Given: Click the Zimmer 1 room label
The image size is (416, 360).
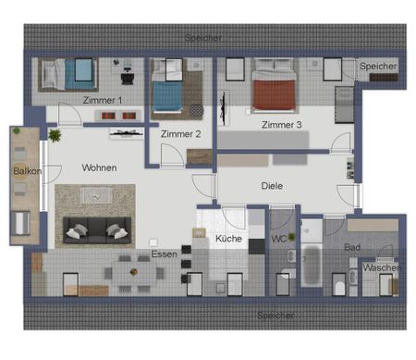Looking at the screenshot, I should pos(102,100).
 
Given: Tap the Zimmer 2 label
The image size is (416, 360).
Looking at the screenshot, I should pos(179,134).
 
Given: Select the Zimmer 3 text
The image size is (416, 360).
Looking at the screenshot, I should pos(281,125).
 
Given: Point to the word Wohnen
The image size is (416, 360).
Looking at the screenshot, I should pos(100,168).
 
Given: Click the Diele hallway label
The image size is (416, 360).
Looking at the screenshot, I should pos(272,186).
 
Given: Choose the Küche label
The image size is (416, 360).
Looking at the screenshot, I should pos(228,239).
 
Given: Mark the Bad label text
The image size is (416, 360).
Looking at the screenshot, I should pos(351,248).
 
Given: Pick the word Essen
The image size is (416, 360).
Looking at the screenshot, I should pos(164,253).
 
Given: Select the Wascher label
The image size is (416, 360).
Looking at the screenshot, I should pos(382,268).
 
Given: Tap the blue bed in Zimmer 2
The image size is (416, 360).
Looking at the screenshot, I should pos(169,93).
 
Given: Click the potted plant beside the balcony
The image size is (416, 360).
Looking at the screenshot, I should pos(55,136).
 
